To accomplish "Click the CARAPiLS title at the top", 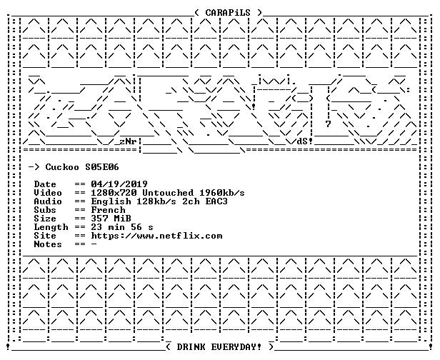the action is click(x=228, y=13).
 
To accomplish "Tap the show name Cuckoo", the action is click(x=62, y=167).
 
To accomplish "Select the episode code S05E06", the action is click(x=102, y=167).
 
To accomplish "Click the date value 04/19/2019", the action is click(x=119, y=184).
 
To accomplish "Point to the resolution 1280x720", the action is click(x=114, y=193).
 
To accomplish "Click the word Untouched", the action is click(x=168, y=193).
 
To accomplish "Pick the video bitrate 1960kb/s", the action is click(x=222, y=193).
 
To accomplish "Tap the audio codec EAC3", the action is click(x=216, y=201).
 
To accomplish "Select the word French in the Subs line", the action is click(x=108, y=210).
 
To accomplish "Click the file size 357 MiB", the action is click(x=111, y=219).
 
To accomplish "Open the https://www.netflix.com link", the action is click(x=156, y=236).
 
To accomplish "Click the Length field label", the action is click(x=51, y=227).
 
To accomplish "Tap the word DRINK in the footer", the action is click(x=191, y=347).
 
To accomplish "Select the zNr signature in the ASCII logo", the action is click(x=128, y=141).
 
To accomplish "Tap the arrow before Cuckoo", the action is click(x=34, y=167).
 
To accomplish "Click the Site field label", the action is click(x=45, y=236).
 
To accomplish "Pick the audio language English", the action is click(x=111, y=201).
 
